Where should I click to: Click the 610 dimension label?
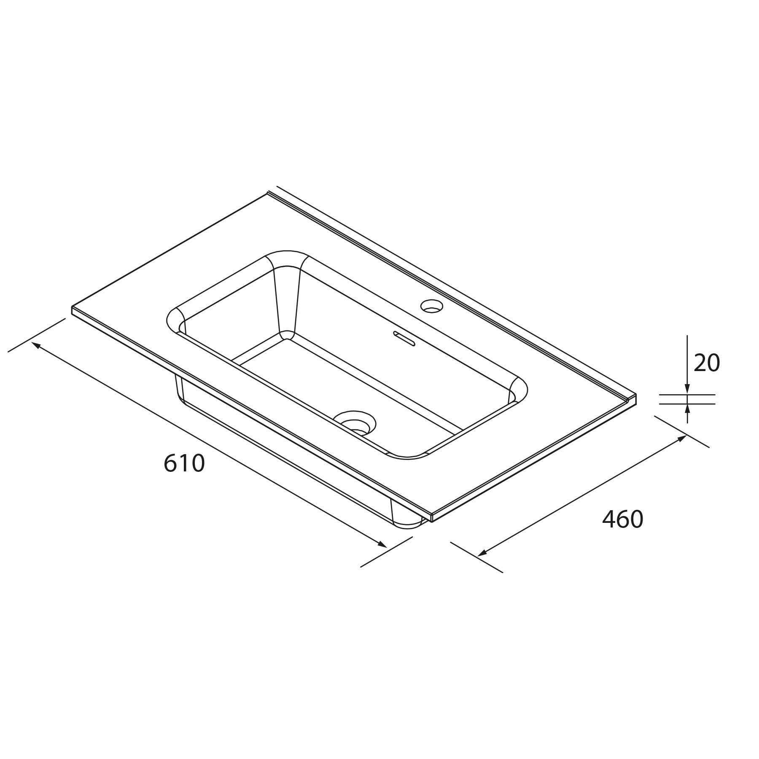[184, 463]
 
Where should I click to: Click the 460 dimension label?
[623, 519]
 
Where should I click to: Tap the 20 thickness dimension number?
[707, 363]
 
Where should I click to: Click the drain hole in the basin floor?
[354, 422]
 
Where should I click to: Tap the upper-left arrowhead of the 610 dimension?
[37, 345]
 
